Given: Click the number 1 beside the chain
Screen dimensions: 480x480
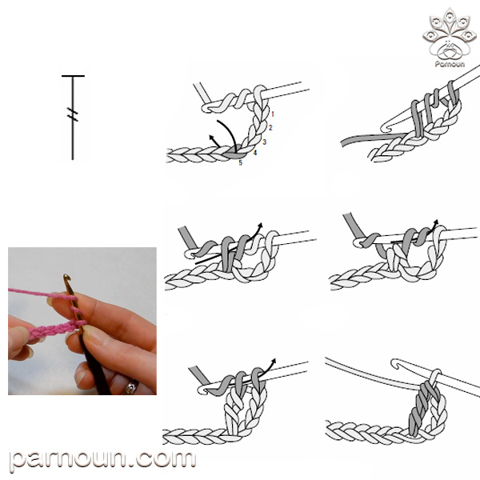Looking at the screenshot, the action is (273, 114).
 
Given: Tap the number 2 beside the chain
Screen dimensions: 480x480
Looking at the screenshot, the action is (270, 127).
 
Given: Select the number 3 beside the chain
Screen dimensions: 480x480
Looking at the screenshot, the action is (265, 142).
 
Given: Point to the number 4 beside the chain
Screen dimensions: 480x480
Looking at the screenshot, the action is (255, 152).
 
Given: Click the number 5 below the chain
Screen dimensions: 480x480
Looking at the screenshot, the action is (241, 162).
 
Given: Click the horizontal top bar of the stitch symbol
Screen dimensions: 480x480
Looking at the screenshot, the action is (73, 76).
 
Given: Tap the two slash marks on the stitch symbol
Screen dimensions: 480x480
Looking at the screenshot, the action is (73, 114).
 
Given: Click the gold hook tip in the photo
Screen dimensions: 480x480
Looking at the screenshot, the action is (66, 279).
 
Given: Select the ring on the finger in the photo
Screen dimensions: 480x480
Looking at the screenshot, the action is (131, 387).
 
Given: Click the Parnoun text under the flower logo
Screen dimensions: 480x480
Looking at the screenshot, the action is (450, 64).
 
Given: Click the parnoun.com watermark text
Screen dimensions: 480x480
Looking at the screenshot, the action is (102, 460).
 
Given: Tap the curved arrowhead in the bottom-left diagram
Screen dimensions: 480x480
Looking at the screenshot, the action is (273, 361).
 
